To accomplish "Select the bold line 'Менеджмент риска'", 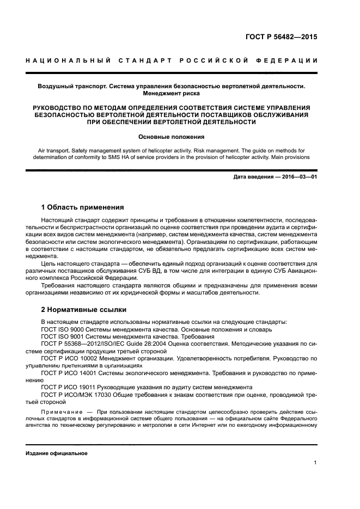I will (x=171, y=94).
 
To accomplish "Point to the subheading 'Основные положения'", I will (x=171, y=137).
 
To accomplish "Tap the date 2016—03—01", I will (x=298, y=177).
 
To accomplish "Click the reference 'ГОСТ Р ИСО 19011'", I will (x=69, y=387).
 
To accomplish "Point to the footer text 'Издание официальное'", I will (x=57, y=453).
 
